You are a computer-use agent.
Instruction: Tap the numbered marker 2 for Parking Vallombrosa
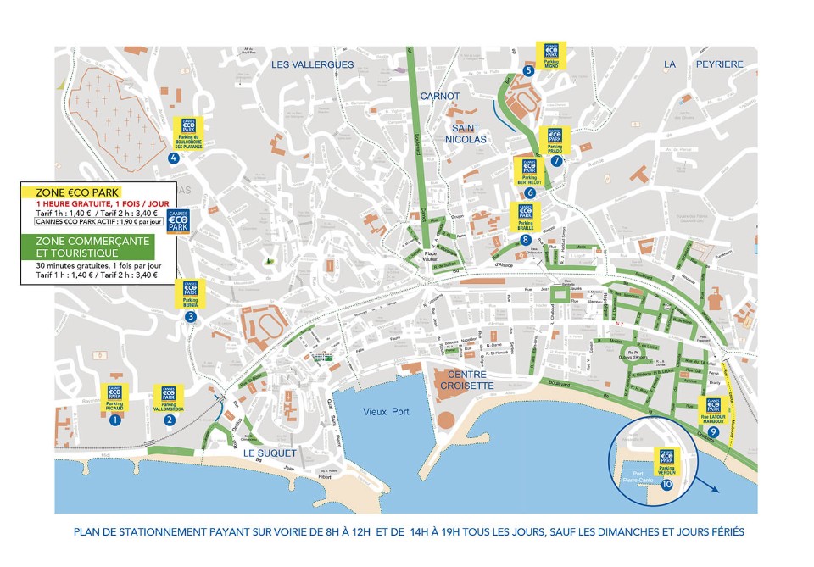170,420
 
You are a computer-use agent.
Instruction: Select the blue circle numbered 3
191,316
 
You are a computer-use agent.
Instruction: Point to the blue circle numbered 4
173,158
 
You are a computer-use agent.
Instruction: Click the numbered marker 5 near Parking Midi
528,71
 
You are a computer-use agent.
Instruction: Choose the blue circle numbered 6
530,192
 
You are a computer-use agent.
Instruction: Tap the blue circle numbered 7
556,160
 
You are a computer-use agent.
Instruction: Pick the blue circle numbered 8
526,240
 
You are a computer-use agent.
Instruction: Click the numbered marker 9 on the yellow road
713,432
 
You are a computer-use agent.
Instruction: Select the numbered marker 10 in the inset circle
666,484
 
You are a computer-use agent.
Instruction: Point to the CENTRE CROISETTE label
466,380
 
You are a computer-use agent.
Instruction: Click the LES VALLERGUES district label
312,64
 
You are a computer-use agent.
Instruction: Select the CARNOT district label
440,96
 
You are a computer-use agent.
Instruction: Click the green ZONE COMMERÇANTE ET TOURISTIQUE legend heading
92,247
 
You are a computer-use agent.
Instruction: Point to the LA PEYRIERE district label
703,64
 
